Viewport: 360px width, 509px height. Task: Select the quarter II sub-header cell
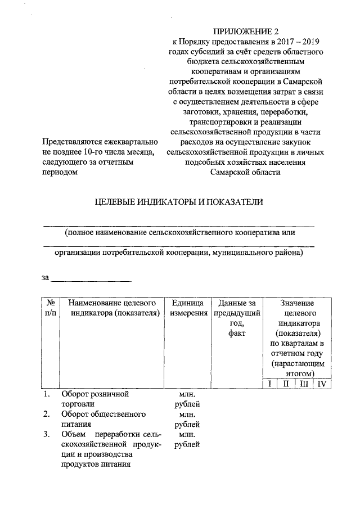[x=286, y=384]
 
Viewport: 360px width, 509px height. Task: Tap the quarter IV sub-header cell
[x=322, y=384]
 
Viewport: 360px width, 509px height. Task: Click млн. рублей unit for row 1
[x=186, y=399]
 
